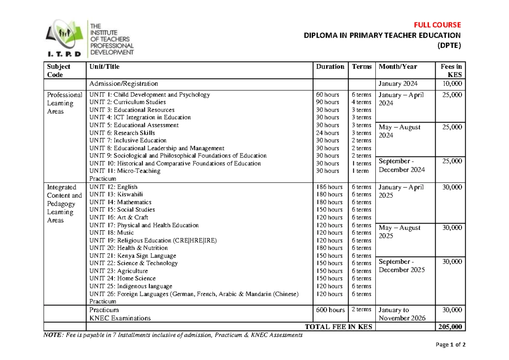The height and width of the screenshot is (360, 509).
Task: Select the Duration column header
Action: (x=330, y=67)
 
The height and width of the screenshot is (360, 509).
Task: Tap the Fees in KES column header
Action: (x=451, y=70)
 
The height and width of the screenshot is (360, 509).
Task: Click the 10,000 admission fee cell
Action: (x=451, y=84)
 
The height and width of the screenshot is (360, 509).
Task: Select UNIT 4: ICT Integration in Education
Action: (x=140, y=117)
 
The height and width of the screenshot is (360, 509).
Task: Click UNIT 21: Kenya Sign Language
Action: (x=132, y=256)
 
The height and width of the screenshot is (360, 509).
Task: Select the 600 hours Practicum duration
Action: (x=330, y=310)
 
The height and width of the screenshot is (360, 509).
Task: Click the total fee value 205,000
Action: (x=451, y=327)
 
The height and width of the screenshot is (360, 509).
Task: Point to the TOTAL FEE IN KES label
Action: (x=338, y=327)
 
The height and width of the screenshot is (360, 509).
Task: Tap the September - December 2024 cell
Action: (x=401, y=165)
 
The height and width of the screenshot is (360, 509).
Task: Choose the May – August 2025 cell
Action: (x=399, y=232)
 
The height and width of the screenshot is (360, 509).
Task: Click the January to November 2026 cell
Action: (x=401, y=314)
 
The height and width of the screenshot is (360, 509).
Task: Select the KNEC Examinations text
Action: (x=120, y=318)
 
